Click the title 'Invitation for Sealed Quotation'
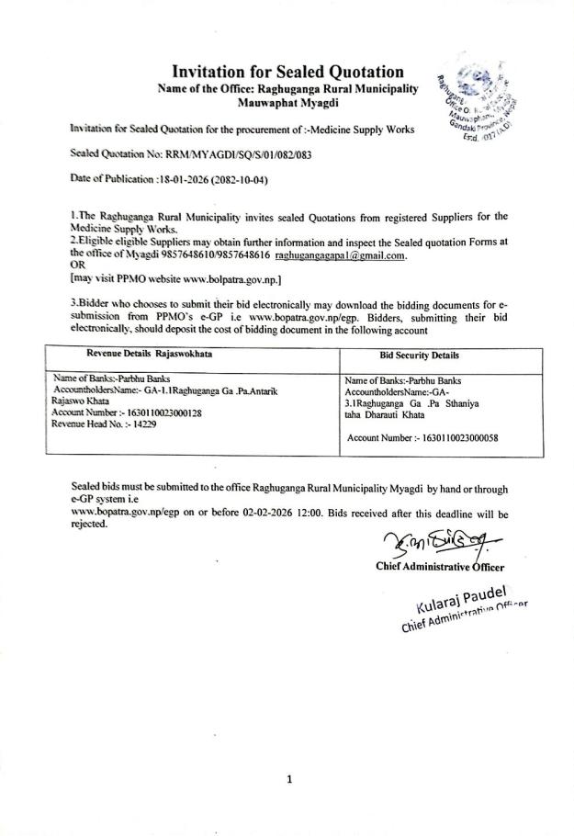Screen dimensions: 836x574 (288, 71)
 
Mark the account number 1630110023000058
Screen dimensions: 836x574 (453, 438)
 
